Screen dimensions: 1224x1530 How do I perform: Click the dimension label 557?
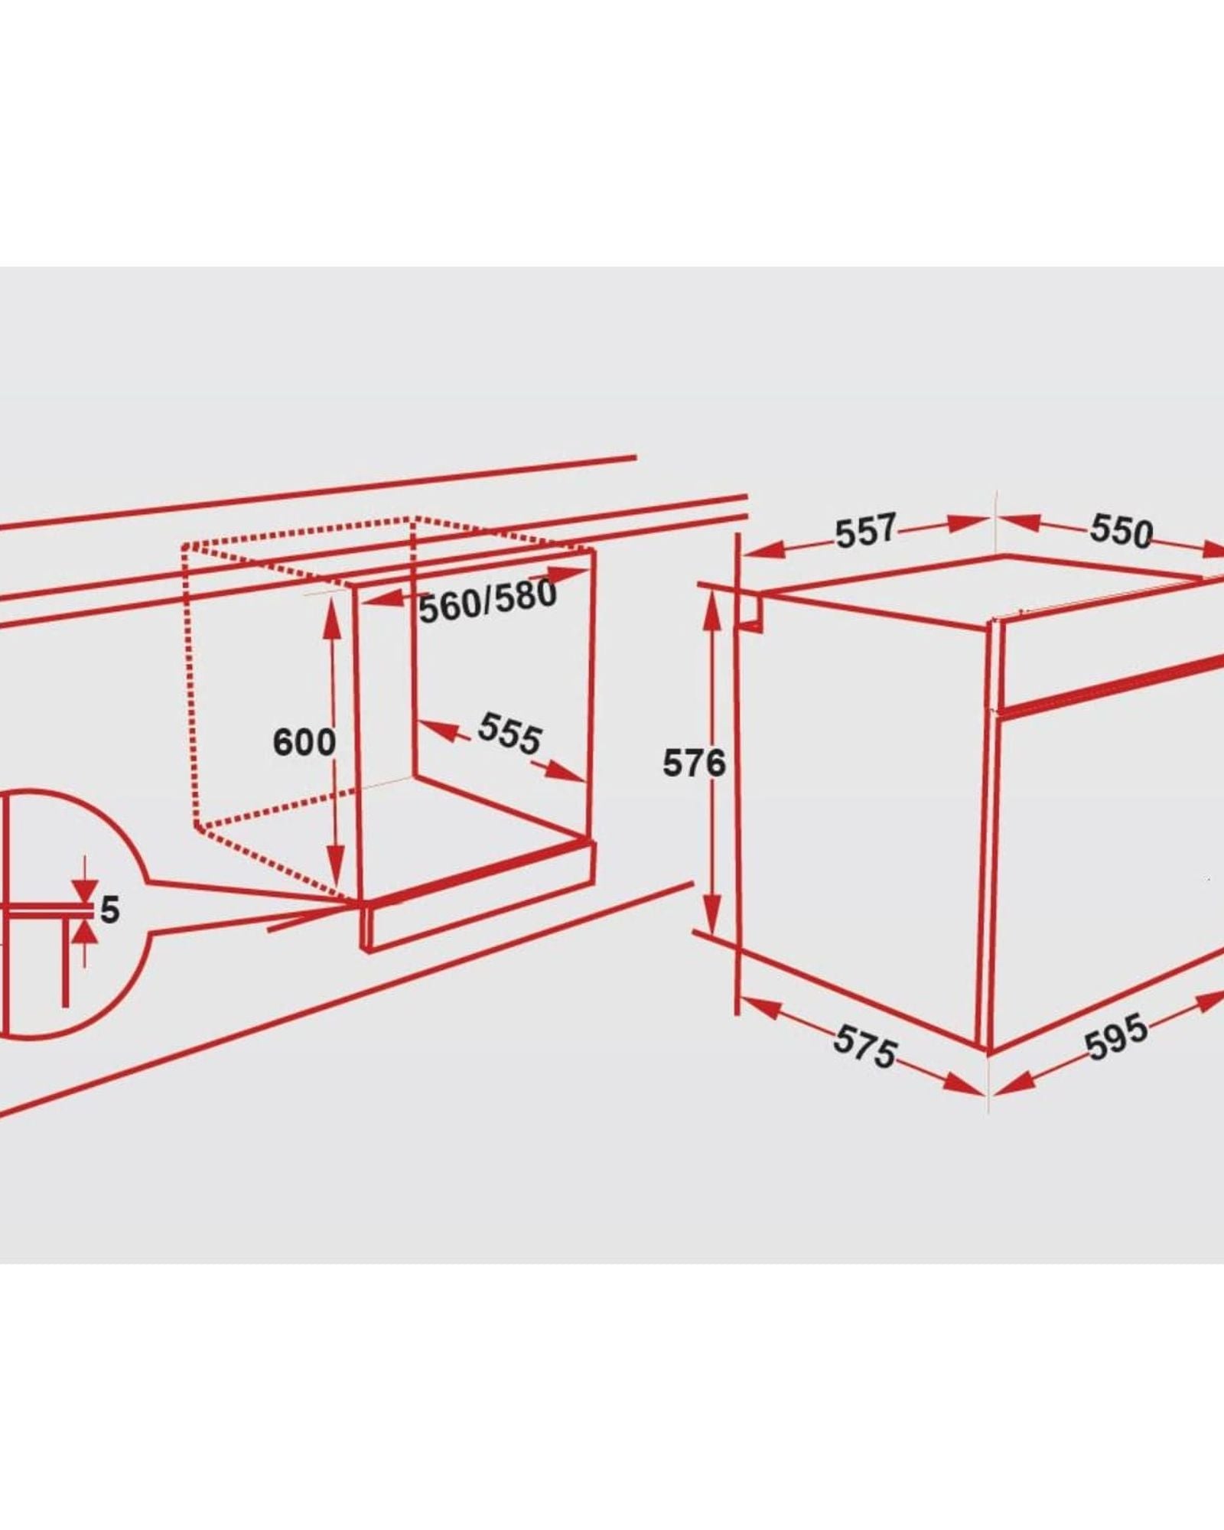tap(865, 531)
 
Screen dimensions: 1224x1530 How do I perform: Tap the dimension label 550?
tap(1121, 531)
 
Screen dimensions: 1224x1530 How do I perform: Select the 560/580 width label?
tap(488, 601)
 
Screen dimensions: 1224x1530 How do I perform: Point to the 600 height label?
tap(304, 742)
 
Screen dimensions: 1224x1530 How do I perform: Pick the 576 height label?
tap(694, 763)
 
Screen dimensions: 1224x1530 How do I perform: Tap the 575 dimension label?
tap(865, 1046)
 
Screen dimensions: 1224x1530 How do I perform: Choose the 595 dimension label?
tap(1117, 1037)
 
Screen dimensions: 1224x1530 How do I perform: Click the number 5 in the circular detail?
tap(110, 910)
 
